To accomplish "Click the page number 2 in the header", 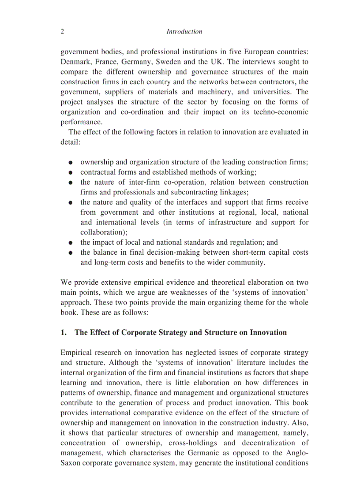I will (62, 32).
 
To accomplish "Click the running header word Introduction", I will (184, 32).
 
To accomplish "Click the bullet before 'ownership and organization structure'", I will (71, 163).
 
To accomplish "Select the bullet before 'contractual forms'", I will (71, 173).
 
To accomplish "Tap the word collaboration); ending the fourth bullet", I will (104, 232).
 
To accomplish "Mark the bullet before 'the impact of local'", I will (71, 243).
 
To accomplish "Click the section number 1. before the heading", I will (64, 333).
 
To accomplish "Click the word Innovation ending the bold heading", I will (268, 333).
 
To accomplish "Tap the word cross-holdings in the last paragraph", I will (203, 443).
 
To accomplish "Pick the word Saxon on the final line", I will (70, 463).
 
